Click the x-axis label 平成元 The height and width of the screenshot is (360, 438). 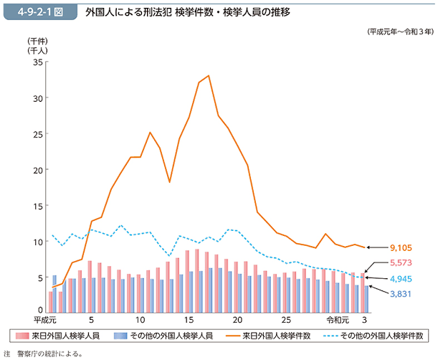[45, 320]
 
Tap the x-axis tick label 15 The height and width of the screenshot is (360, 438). [189, 320]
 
